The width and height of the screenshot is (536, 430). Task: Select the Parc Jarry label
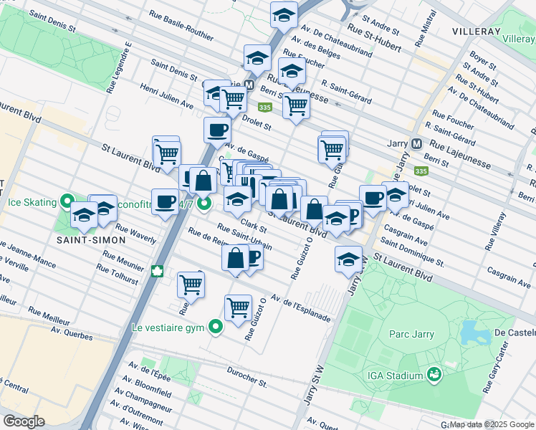pos(408,334)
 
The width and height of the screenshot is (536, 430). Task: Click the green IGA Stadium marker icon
pos(434,373)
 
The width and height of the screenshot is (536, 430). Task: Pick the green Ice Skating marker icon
pos(67,202)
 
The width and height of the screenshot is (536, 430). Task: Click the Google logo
pos(24,421)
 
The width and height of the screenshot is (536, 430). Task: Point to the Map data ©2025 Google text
pos(492,424)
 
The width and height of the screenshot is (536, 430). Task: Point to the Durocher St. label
pos(247,377)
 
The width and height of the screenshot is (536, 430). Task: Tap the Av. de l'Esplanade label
pos(300,309)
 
